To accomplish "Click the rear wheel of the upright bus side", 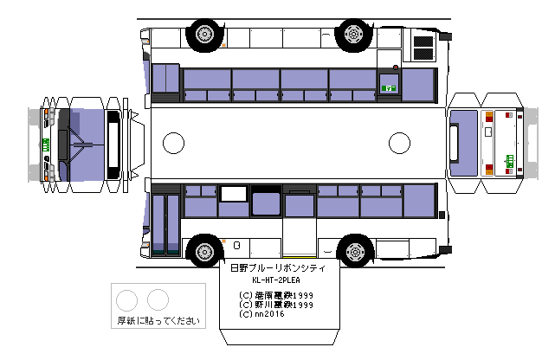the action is tap(354, 252).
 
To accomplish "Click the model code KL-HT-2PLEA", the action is tap(277, 281).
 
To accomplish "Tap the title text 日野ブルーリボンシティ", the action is tap(277, 269).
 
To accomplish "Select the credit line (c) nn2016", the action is tap(265, 314).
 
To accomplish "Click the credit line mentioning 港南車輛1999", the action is tap(277, 295).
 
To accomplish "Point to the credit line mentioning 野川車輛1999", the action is tap(277, 305).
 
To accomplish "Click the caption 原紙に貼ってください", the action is tap(158, 320).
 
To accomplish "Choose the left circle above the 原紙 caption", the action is tap(128, 300).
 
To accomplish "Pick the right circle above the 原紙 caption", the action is tap(158, 300).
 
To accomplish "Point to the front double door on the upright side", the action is tap(165, 224).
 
